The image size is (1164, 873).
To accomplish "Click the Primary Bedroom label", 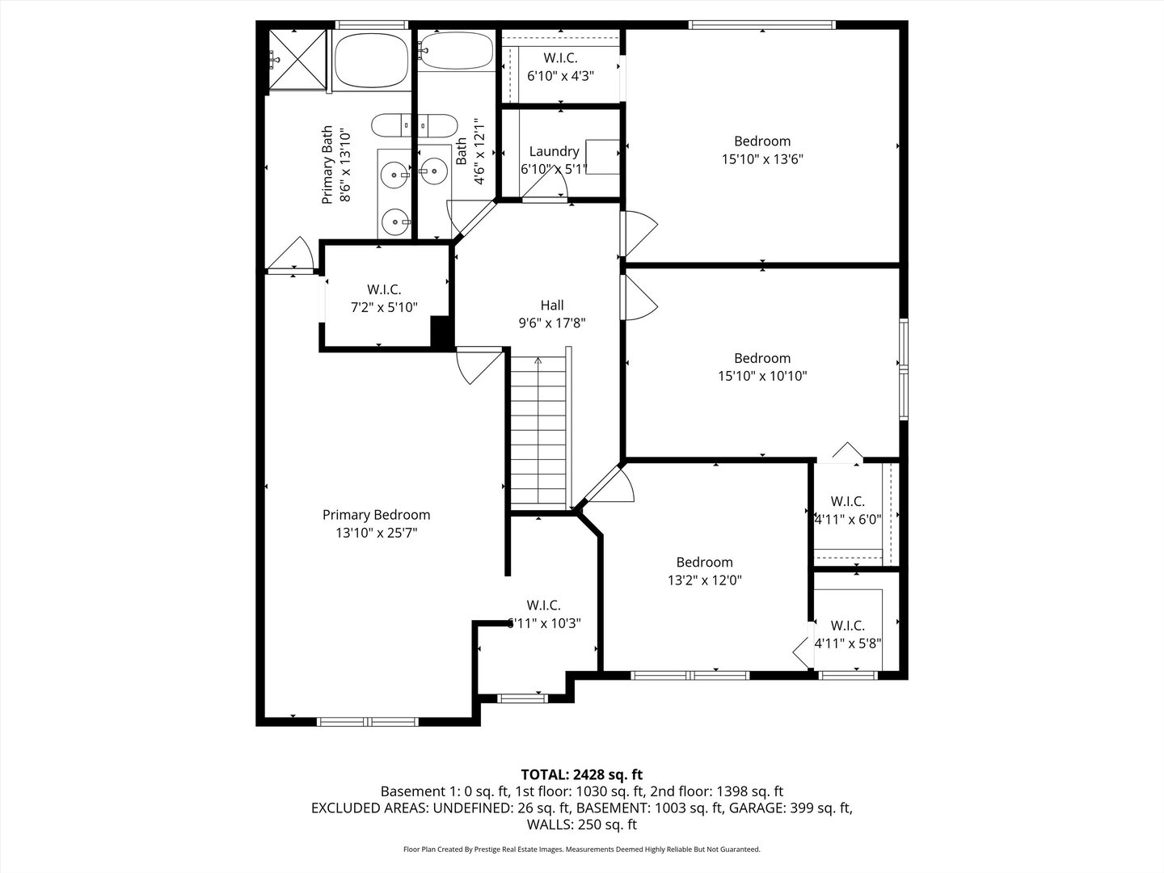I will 376,515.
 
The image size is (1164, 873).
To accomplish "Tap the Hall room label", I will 552,305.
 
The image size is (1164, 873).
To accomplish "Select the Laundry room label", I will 554,151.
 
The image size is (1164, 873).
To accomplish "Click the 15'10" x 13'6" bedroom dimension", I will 761,159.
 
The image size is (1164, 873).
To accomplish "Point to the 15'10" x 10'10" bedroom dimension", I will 761,376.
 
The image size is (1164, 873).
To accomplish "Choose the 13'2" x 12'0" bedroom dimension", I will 704,580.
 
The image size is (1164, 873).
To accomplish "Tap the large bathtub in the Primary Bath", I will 372,61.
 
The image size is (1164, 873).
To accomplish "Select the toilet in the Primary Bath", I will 413,126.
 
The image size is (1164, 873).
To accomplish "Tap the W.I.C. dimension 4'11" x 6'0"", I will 847,520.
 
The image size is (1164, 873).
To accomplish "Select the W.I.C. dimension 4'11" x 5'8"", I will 847,644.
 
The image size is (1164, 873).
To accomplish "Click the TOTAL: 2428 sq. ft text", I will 581,774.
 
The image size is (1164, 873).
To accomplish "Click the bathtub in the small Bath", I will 457,51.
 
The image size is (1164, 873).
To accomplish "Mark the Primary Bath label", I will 327,165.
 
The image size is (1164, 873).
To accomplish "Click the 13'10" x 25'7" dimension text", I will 376,533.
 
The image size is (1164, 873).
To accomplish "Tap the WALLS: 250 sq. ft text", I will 581,824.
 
